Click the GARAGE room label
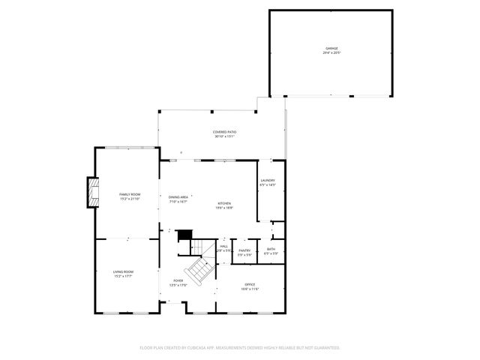331,49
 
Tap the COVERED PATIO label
225,132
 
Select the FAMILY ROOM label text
130,194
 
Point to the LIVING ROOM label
123,271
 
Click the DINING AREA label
178,197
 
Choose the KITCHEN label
224,203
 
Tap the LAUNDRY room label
268,180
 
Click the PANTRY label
244,250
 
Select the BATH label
271,250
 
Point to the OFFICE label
250,284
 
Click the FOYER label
178,280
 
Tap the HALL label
223,245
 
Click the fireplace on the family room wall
93,192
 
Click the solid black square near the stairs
184,235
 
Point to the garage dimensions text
331,53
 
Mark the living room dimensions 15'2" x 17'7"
123,276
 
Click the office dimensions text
250,289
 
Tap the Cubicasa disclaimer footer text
240,347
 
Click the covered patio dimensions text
225,136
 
